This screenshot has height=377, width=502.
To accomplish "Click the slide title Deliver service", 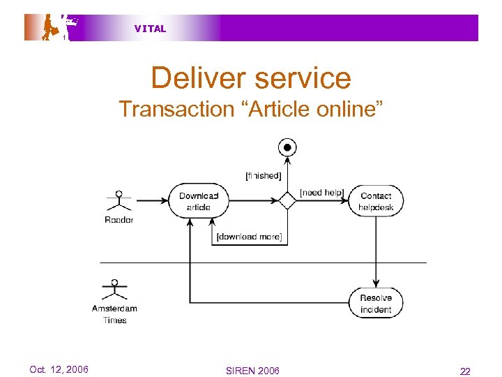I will click(251, 77).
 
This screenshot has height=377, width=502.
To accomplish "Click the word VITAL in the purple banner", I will click(150, 29).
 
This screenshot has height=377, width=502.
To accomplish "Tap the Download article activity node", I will click(198, 201).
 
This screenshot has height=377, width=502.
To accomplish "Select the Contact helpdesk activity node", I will click(376, 201).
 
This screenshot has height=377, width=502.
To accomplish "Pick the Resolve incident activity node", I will click(376, 304).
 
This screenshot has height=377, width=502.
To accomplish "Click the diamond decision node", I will click(287, 201).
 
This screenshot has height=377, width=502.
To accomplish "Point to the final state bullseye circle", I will click(287, 147).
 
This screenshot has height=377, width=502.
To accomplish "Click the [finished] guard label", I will click(263, 175).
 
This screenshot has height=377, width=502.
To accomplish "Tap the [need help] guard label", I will click(321, 192).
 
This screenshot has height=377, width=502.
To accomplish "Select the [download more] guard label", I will click(249, 237).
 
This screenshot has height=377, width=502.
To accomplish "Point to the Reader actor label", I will click(119, 220).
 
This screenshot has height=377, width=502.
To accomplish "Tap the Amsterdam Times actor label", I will click(114, 314).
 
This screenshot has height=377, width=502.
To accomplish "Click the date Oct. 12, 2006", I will click(59, 369).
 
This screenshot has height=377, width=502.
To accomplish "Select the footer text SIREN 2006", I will click(252, 370).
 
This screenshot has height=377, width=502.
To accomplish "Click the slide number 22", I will click(465, 371).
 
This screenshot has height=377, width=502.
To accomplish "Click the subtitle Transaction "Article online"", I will click(251, 109).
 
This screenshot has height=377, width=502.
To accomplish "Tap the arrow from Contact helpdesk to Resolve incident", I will click(376, 251).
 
